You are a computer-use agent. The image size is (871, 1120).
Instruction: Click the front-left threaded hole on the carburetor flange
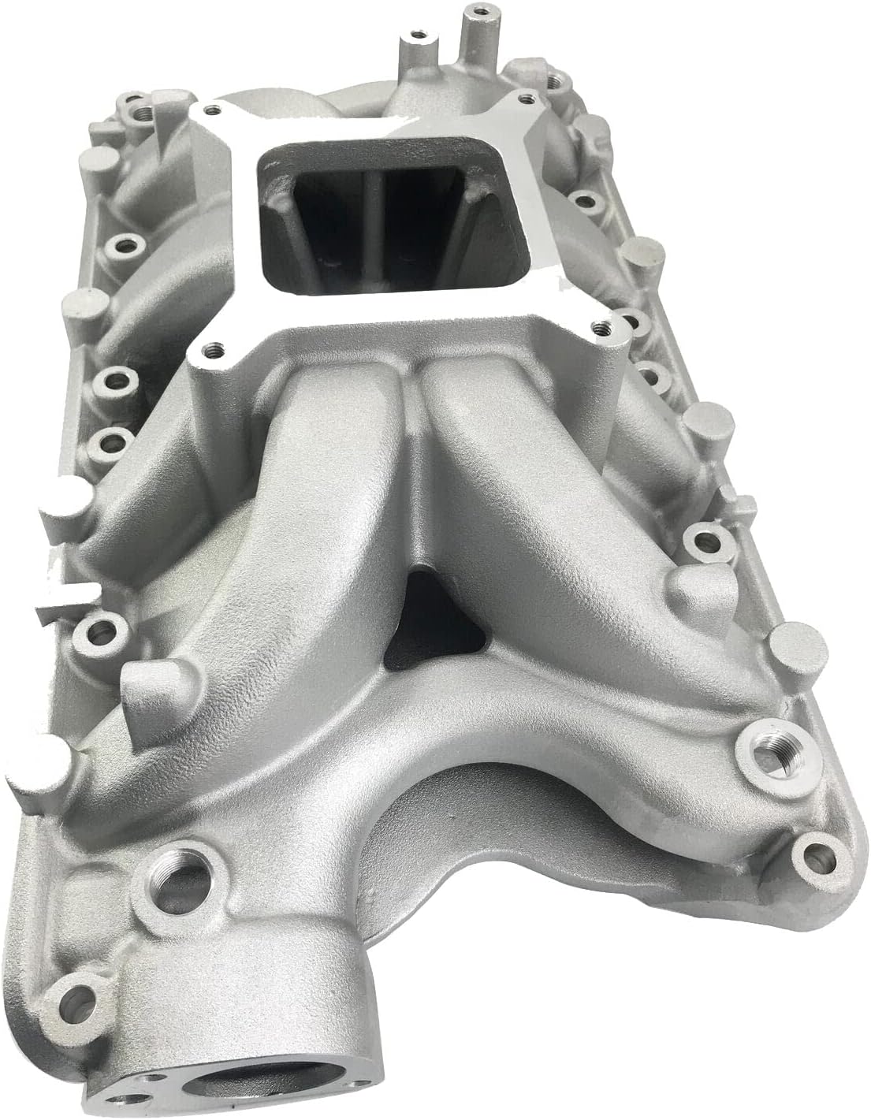[212, 346]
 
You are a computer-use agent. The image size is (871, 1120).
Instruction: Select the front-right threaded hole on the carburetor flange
[602, 322]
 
